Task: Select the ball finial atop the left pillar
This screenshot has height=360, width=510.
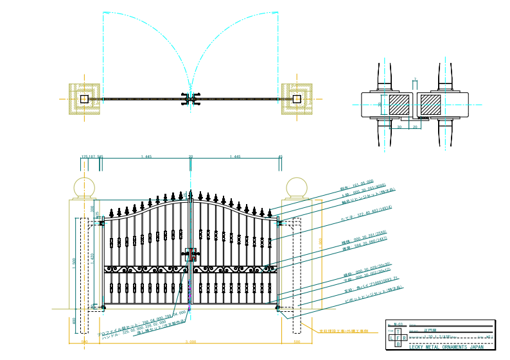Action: pyautogui.click(x=84, y=187)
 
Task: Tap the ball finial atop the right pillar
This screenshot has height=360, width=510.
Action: pyautogui.click(x=295, y=187)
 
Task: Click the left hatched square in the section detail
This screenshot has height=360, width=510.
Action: pyautogui.click(x=400, y=105)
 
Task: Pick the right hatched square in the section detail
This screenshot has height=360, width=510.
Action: pyautogui.click(x=430, y=105)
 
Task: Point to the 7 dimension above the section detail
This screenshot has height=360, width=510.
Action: pyautogui.click(x=415, y=80)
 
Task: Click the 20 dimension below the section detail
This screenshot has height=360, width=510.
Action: pyautogui.click(x=415, y=127)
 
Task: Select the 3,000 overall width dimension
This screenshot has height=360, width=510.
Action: pyautogui.click(x=190, y=342)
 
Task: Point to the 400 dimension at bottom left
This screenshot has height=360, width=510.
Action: pyautogui.click(x=74, y=321)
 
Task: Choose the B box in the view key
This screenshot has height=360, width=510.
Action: pyautogui.click(x=398, y=345)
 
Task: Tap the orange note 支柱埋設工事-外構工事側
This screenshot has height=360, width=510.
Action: pyautogui.click(x=344, y=331)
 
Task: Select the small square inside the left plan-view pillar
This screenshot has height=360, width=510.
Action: pyautogui.click(x=84, y=99)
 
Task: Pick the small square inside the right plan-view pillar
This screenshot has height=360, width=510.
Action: pyautogui.click(x=296, y=99)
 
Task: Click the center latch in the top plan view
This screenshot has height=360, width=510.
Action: pyautogui.click(x=190, y=99)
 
